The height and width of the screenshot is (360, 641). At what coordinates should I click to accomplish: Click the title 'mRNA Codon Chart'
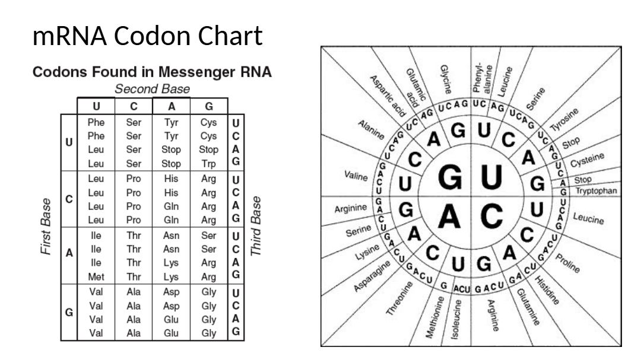[147, 37]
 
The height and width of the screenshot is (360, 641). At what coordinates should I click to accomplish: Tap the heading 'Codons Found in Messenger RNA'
[152, 72]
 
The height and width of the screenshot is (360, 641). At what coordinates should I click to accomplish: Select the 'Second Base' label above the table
[152, 89]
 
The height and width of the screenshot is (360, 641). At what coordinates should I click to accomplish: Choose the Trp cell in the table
[208, 162]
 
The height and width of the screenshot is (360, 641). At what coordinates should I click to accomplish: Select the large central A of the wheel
[449, 217]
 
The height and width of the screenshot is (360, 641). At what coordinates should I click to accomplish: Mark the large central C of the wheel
[492, 217]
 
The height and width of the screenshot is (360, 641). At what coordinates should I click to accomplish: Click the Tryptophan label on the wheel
[596, 191]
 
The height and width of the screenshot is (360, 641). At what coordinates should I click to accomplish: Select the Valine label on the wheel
[356, 176]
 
